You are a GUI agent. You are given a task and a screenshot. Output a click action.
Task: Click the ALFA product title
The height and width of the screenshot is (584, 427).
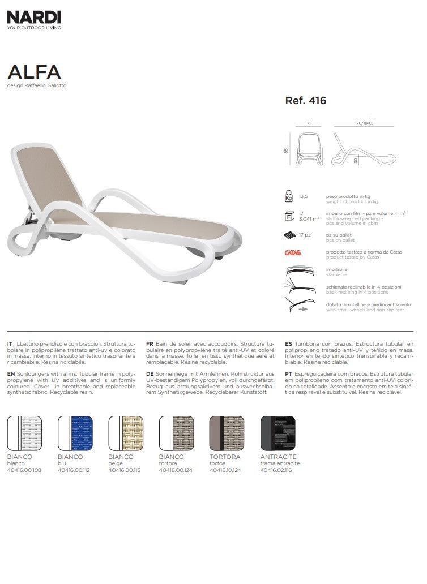tap(34, 72)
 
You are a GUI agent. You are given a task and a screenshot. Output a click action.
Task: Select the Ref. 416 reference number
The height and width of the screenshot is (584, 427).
tap(306, 101)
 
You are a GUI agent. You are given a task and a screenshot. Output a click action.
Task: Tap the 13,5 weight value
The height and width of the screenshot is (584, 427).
tap(303, 196)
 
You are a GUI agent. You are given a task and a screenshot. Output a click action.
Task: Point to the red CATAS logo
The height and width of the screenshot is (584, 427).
tap(292, 253)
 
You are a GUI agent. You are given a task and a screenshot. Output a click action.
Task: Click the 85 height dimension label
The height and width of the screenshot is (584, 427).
tap(288, 151)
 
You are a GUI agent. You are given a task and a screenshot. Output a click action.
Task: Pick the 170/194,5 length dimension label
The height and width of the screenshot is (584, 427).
tap(364, 122)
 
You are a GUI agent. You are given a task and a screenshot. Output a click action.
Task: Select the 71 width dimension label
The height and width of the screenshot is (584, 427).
tap(309, 122)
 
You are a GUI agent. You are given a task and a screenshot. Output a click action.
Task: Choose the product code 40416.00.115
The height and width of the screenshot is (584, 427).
tap(124, 470)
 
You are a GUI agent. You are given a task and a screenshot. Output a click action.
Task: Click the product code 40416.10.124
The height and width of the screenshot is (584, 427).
tap(225, 470)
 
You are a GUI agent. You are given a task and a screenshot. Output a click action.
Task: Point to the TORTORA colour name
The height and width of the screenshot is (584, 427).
tap(225, 457)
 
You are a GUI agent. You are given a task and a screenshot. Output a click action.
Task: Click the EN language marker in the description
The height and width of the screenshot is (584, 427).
tap(10, 374)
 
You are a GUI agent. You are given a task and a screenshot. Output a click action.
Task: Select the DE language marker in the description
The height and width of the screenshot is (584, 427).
tap(150, 374)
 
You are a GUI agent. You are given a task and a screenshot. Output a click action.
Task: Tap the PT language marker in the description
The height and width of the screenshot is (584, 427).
tap(289, 374)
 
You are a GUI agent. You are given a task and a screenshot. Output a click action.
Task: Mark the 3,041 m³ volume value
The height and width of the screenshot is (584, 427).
tap(309, 218)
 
